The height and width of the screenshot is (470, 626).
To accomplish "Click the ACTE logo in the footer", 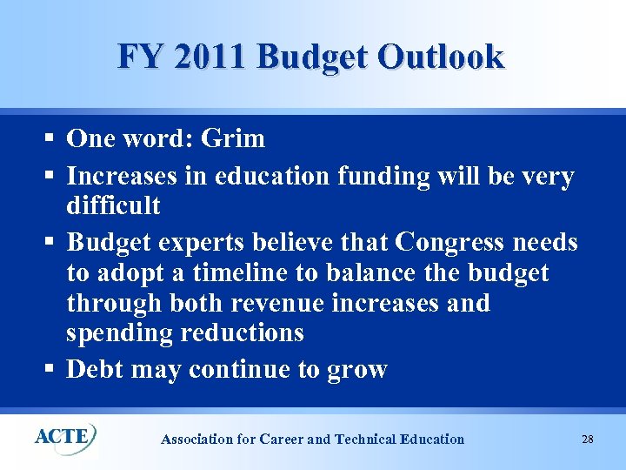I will (x=65, y=435).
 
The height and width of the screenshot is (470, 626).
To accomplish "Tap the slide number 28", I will (x=588, y=439).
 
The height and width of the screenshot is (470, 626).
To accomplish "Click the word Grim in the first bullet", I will (x=232, y=139).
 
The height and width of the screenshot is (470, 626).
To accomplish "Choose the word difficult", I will (x=113, y=206).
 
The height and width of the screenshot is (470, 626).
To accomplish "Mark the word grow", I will (x=357, y=370).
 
